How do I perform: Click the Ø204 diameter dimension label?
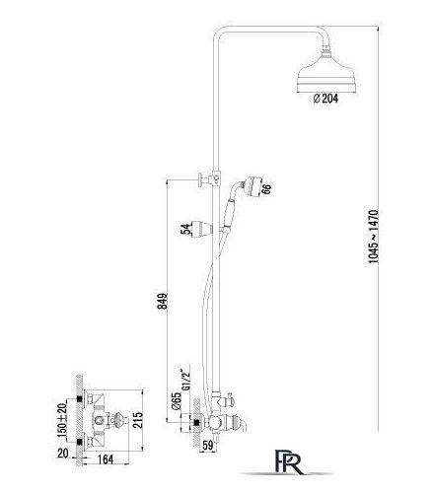[x=325, y=99]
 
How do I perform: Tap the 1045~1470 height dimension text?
[x=374, y=237]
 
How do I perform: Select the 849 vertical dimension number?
[x=163, y=302]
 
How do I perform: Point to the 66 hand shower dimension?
[x=267, y=188]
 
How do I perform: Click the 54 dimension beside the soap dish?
[x=185, y=229]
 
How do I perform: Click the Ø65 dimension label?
[x=177, y=400]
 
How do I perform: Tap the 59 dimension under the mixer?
[x=207, y=446]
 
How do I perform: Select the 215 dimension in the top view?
[x=138, y=420]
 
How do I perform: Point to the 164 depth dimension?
[x=106, y=459]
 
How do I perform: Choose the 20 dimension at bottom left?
[x=63, y=454]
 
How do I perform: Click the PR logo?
[x=288, y=461]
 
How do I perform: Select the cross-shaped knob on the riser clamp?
[x=202, y=179]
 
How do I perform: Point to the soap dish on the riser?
[x=201, y=228]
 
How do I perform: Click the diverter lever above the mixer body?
[x=228, y=399]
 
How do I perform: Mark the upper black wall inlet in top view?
[x=79, y=399]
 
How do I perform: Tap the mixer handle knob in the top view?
[x=119, y=420]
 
